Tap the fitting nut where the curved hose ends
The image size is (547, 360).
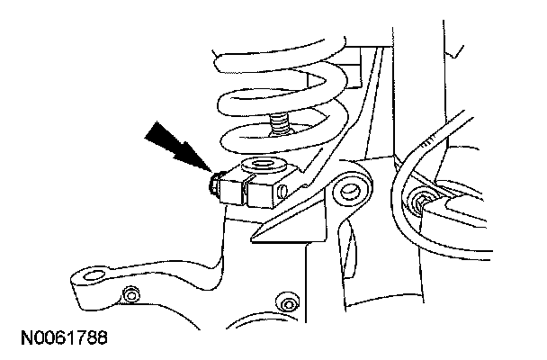point(420,200)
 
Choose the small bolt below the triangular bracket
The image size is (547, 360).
point(288,298)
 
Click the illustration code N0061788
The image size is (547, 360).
point(60,338)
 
